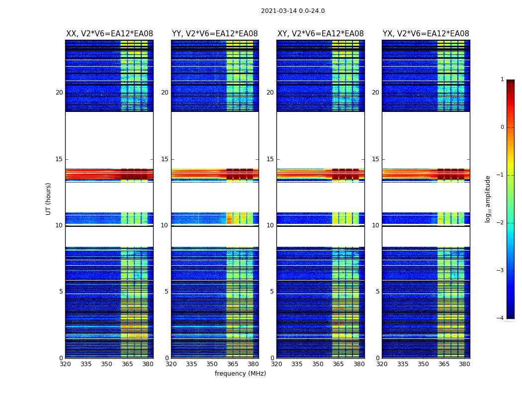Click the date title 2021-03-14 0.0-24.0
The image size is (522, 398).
click(292, 11)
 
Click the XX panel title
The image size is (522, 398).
click(109, 34)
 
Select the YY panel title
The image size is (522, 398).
click(215, 34)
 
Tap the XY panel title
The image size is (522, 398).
click(320, 34)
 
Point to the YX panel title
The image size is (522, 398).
click(426, 34)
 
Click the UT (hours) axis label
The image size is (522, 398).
click(49, 199)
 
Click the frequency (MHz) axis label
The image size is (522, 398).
click(240, 374)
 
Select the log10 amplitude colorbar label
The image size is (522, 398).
click(488, 199)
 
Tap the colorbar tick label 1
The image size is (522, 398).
click(502, 80)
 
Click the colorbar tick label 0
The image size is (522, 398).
click(502, 127)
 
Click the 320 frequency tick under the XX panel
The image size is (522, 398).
click(65, 364)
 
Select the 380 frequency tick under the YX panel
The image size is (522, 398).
click(464, 364)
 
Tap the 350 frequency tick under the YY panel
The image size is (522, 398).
click(212, 364)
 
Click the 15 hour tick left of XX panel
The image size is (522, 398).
click(59, 159)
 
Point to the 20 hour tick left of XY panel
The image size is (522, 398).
click(270, 93)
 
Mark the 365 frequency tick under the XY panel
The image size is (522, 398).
click(338, 364)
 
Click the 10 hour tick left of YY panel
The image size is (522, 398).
click(165, 225)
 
